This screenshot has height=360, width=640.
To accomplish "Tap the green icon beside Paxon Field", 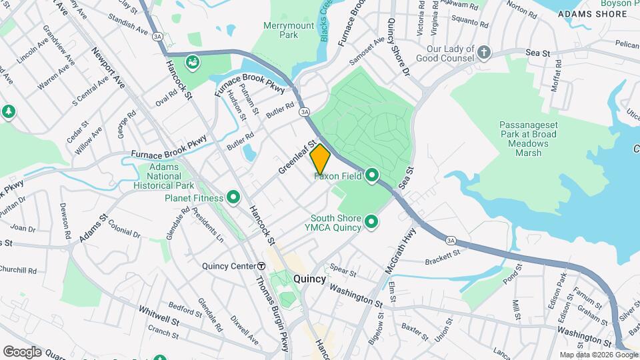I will [x=371, y=176].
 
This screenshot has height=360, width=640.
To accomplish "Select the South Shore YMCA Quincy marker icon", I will [x=371, y=222].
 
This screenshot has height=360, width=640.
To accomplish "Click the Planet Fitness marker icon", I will [x=233, y=197].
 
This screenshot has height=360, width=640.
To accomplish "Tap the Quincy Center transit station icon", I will [x=261, y=266].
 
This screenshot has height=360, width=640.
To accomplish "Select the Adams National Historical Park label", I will [x=163, y=176].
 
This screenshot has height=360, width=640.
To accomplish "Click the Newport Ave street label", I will [x=109, y=68].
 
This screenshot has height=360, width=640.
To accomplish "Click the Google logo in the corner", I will [x=22, y=351].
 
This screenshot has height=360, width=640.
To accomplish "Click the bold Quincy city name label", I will [x=309, y=279].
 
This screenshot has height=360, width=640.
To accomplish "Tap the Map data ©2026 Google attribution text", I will [x=598, y=355].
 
